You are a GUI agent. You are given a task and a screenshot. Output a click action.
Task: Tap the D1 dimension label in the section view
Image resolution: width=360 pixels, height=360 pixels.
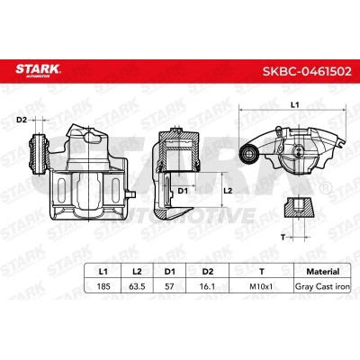[182, 191]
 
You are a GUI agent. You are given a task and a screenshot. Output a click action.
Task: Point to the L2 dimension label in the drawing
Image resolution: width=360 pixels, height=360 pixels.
[228, 191]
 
